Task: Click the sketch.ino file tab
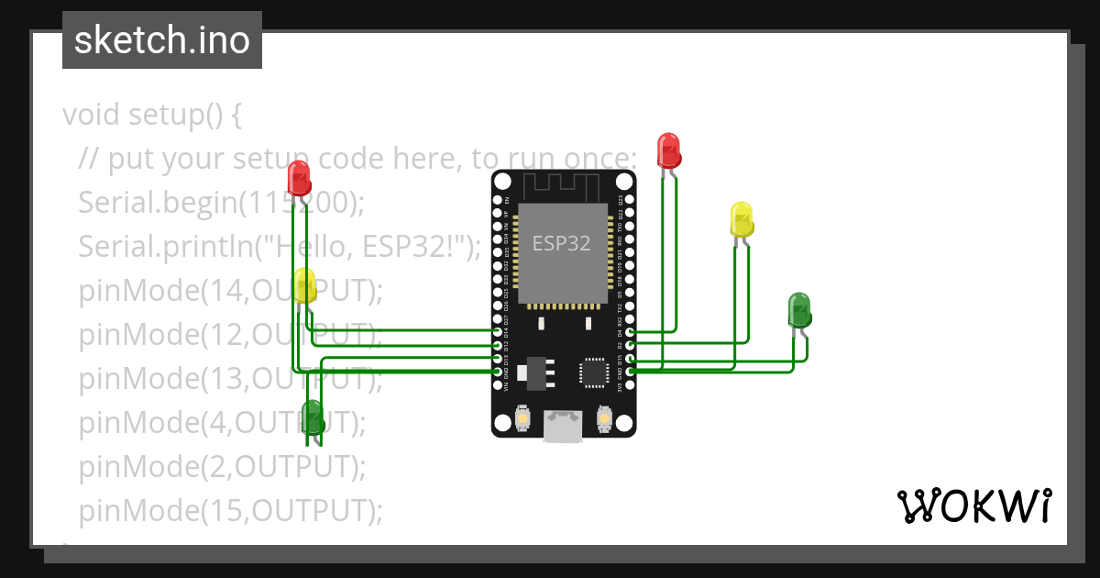161,40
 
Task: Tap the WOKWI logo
973,506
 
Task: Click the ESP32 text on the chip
561,244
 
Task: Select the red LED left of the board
298,176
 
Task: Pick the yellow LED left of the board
305,285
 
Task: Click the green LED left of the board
312,416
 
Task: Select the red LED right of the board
668,149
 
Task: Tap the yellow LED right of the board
742,219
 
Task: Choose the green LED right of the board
799,310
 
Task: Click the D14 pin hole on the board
498,331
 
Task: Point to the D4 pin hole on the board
630,331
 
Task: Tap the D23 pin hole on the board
630,199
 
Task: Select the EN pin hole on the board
498,199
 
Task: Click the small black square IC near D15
591,372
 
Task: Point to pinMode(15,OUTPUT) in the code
229,510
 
